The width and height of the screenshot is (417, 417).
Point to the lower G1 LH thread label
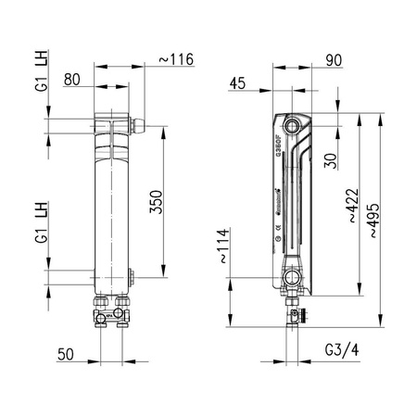41,223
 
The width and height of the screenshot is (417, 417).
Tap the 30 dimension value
331,159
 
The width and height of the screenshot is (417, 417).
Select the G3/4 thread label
343,353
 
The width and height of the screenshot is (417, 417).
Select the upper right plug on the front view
141,121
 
